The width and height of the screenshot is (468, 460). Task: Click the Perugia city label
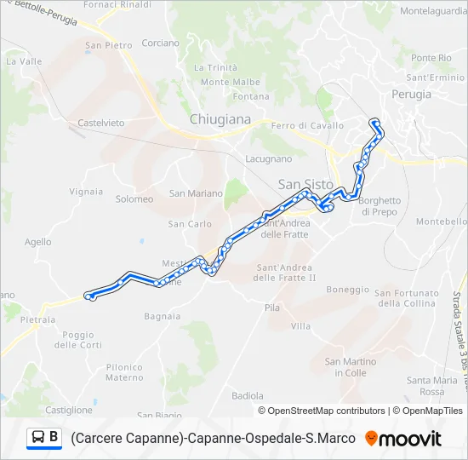pos(412,95)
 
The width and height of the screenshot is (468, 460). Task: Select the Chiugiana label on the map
pos(221,120)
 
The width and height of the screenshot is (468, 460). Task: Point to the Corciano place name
pos(161,43)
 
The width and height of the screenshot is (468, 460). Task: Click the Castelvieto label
pos(100,123)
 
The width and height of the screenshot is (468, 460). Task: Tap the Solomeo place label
pos(134,199)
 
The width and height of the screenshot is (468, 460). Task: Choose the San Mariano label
pos(196,193)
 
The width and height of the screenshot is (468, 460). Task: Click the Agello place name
pos(38,242)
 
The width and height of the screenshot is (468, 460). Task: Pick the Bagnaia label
pos(162,316)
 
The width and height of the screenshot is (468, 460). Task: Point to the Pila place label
pos(272,308)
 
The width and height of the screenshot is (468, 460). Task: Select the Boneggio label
pos(346,289)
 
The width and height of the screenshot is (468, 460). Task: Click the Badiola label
pos(248,396)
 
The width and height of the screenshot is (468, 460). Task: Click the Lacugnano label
pos(268,158)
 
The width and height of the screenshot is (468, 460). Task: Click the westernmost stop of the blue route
pos(88,296)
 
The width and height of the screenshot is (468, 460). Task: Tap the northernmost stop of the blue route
pos(374,123)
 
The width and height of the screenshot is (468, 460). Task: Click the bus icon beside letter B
pos(38,438)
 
